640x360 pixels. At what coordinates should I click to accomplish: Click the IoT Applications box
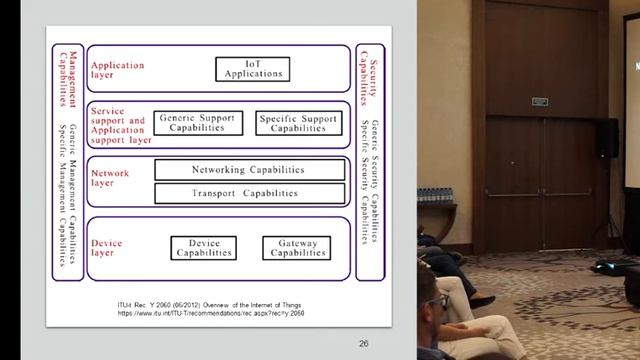[x=252, y=69]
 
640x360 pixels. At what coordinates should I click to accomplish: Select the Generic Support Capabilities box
[x=197, y=123]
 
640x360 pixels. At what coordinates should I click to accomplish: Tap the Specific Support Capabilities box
[x=292, y=123]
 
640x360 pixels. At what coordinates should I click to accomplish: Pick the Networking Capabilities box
[x=243, y=170]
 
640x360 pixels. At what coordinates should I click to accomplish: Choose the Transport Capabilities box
[x=243, y=192]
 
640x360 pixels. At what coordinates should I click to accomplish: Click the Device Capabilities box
[x=203, y=247]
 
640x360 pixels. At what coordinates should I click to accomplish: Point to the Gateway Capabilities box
[x=295, y=247]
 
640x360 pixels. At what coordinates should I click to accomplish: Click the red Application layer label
[x=118, y=71]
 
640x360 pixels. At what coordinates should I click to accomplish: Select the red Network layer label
[x=110, y=178]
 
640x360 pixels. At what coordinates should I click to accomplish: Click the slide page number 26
[x=364, y=343]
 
